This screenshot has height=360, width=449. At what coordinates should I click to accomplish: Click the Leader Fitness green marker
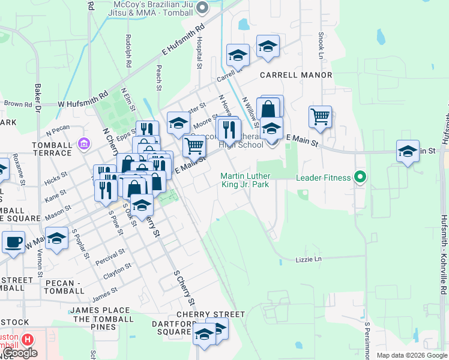tap(360, 177)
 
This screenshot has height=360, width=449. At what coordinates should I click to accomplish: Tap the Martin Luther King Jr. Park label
tap(245, 180)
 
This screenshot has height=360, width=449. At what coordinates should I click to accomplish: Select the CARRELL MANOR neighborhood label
tap(296, 75)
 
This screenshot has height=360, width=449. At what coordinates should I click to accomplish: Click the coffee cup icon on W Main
tap(13, 242)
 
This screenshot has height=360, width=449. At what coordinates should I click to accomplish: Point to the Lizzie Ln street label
tap(309, 259)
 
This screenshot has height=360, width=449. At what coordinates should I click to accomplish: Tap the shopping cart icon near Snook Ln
tap(321, 116)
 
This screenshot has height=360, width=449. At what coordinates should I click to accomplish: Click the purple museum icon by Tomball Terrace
tap(83, 143)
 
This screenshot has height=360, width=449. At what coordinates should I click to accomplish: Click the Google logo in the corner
tap(20, 353)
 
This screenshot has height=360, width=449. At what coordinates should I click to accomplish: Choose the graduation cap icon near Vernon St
tap(56, 238)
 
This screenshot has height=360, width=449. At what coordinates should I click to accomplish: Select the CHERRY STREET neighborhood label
tap(211, 314)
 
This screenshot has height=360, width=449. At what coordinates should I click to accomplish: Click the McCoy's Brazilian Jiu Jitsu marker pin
tap(202, 8)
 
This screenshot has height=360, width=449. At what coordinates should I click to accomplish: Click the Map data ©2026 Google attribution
tap(412, 355)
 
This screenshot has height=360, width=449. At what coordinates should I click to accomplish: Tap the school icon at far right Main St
tap(408, 151)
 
